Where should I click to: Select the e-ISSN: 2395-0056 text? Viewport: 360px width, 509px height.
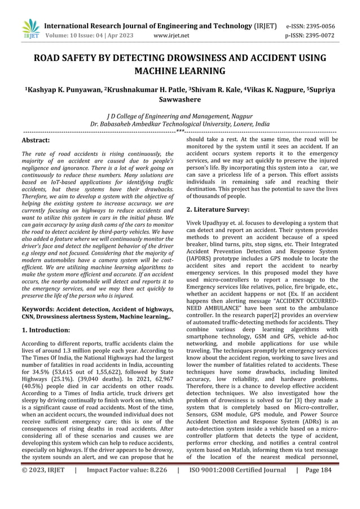[x=318, y=26]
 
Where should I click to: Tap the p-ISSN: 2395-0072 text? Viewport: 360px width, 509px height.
[x=318, y=36]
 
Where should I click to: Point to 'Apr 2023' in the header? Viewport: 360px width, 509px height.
[x=120, y=36]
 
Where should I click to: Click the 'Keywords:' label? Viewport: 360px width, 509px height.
[x=37, y=309]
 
